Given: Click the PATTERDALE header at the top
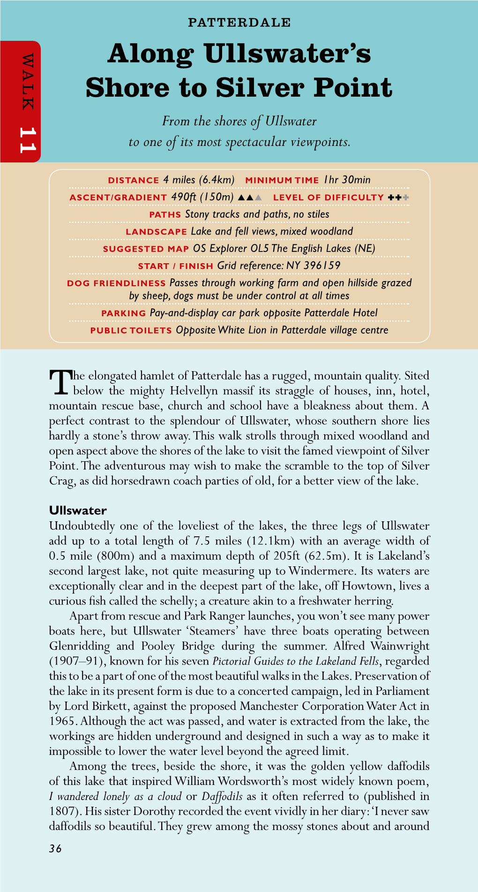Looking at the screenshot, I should (239, 22).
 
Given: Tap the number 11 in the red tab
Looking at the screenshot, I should (28, 140).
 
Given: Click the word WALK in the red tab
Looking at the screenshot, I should (28, 82).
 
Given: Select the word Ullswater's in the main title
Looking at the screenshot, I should (287, 53).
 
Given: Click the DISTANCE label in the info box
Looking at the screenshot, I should (134, 180).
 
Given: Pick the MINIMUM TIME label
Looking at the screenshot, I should (282, 180).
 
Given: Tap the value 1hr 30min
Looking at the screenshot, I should (347, 180).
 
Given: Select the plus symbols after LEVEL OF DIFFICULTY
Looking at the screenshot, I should (398, 198).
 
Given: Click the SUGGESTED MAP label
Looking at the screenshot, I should (146, 249).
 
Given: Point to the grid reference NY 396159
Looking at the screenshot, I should (314, 266).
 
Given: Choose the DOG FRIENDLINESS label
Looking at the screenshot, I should (116, 283).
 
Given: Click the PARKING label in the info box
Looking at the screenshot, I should (124, 313).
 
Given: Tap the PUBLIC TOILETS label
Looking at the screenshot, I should (131, 331).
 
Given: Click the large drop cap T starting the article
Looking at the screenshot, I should (60, 383).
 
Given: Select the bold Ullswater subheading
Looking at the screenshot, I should (78, 511).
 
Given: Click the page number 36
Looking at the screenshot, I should (55, 848).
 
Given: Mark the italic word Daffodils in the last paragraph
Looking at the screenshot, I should (222, 796).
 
